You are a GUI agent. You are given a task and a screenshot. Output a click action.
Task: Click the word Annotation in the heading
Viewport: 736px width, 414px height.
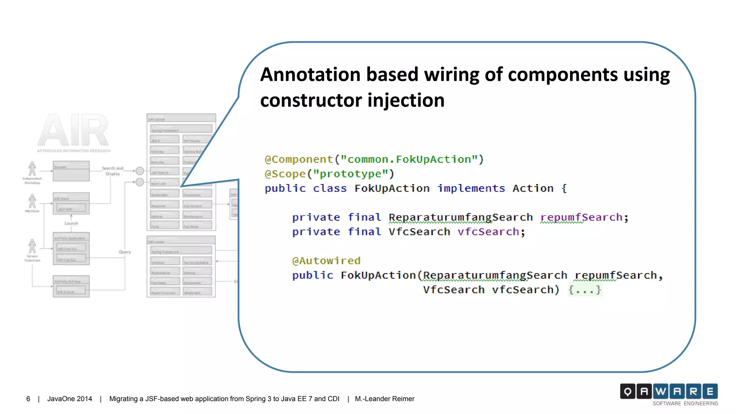pyautogui.click(x=310, y=74)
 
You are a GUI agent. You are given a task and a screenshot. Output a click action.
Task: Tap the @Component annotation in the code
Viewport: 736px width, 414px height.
pyautogui.click(x=299, y=159)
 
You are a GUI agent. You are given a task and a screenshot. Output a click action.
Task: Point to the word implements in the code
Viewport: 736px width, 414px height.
pyautogui.click(x=471, y=188)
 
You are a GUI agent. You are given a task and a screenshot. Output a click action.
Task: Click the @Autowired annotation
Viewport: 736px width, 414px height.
pyautogui.click(x=326, y=261)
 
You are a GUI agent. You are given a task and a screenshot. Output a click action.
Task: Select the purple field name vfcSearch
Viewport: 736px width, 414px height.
pyautogui.click(x=488, y=232)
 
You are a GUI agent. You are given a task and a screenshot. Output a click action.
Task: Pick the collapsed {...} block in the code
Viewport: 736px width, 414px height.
pyautogui.click(x=585, y=290)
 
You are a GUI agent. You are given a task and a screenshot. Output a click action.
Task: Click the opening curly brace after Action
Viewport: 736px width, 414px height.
pyautogui.click(x=564, y=188)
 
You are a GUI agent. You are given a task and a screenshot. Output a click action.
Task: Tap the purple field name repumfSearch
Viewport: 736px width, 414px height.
pyautogui.click(x=581, y=217)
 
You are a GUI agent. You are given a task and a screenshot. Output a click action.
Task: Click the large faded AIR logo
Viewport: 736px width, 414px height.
pyautogui.click(x=73, y=130)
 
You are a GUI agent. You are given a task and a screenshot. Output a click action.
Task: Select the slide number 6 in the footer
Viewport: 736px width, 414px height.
pyautogui.click(x=28, y=399)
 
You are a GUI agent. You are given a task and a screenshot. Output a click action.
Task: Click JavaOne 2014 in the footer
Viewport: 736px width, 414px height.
pyautogui.click(x=70, y=399)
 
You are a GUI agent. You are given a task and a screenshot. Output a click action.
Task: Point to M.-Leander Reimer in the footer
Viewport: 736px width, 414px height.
pyautogui.click(x=385, y=399)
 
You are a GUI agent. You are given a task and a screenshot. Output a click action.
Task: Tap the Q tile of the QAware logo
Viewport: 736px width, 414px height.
pyautogui.click(x=627, y=391)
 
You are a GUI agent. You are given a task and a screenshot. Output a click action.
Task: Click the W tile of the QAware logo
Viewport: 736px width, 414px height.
pyautogui.click(x=661, y=391)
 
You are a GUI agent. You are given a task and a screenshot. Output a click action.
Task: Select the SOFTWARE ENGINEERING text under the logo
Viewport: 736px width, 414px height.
pyautogui.click(x=685, y=404)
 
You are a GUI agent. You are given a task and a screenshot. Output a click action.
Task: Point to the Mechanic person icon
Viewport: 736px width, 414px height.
pyautogui.click(x=32, y=201)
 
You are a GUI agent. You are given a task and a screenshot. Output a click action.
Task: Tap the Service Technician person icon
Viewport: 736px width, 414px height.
pyautogui.click(x=32, y=246)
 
